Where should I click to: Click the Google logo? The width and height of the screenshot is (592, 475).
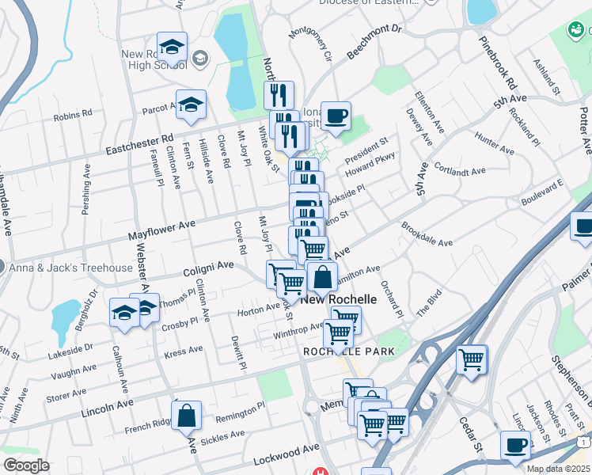coord(26,465)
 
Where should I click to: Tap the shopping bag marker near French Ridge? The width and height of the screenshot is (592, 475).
coord(186,416)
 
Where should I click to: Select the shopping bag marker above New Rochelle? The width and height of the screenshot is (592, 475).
coord(322,278)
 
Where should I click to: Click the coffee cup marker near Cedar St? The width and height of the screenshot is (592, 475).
coord(516,446)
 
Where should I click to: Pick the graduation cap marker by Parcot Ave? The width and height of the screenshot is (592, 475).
coord(191,105)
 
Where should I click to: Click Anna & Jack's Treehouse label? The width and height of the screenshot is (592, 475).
coord(71,268)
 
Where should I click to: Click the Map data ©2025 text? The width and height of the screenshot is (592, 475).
coord(558,469)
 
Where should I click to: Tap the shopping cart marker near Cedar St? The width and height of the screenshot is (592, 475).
coord(472,360)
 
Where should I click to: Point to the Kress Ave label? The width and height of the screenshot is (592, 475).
coord(183,348)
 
